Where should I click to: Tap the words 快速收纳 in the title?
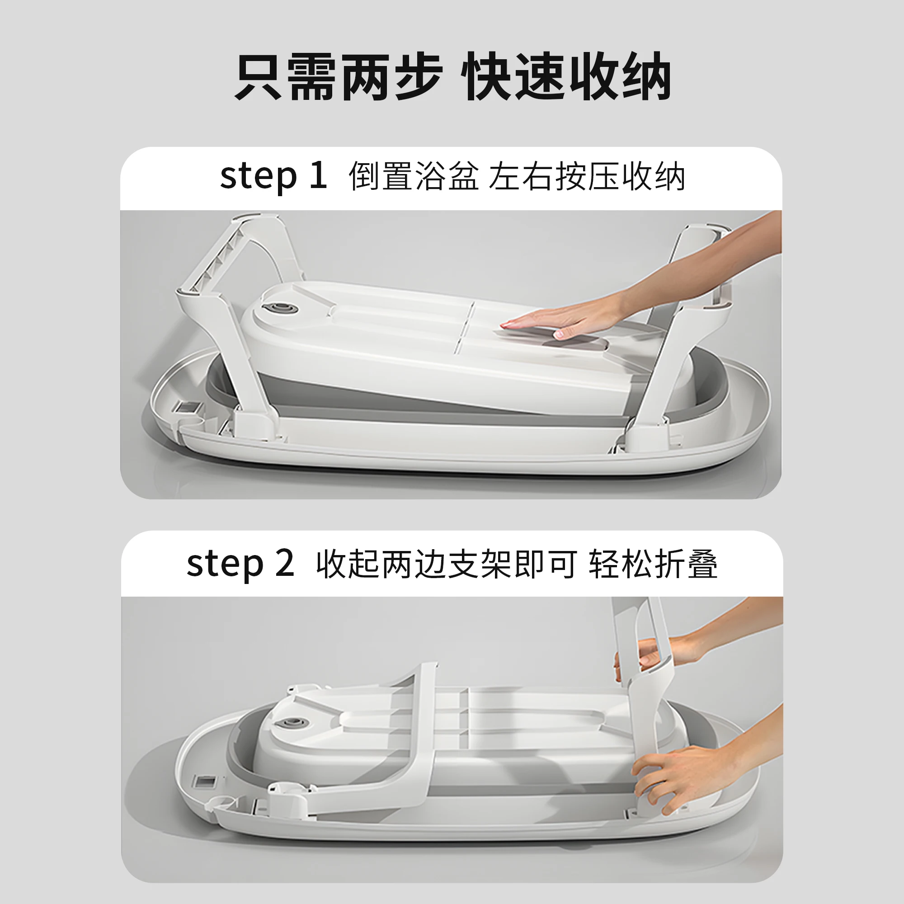coord(566,77)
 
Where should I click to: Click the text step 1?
coord(273,177)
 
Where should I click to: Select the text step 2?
coord(240,564)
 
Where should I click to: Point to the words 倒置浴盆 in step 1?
coord(414,177)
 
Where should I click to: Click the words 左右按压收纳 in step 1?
coord(587,177)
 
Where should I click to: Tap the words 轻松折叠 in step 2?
coord(653,564)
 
